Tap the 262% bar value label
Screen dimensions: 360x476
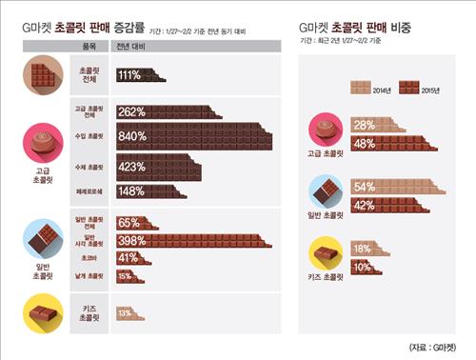131,110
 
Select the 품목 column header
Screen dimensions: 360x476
90,45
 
